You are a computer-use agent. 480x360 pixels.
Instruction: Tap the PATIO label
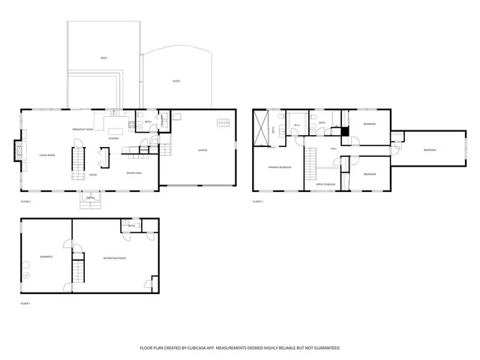(176, 81)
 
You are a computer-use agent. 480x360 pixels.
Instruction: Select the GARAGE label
(202, 151)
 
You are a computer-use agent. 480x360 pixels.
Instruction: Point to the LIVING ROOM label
(47, 155)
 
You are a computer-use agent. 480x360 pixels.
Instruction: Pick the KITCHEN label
(114, 139)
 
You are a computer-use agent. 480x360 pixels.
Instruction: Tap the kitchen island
(104, 156)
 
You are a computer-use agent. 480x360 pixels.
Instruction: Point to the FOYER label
(93, 175)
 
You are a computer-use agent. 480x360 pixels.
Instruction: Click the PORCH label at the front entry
(90, 198)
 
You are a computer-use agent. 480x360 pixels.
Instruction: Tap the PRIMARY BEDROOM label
(280, 167)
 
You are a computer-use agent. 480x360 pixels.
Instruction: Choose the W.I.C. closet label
(296, 125)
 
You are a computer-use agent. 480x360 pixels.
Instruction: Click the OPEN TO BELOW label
(324, 184)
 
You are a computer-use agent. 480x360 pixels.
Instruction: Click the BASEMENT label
(46, 256)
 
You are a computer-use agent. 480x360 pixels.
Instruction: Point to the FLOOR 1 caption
(25, 303)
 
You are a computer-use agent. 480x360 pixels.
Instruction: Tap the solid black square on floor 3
(346, 132)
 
